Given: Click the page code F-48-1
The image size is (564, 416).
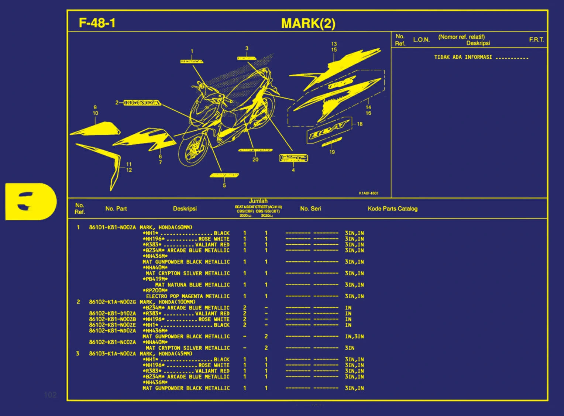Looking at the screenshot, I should [97, 23].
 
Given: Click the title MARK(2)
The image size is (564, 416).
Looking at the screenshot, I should [308, 23].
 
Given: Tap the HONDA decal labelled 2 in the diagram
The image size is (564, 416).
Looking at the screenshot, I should [142, 103].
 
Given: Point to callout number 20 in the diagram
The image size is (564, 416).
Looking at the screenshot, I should [255, 159].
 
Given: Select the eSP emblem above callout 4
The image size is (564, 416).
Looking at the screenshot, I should [293, 158].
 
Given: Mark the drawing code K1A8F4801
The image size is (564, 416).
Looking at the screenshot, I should [368, 193].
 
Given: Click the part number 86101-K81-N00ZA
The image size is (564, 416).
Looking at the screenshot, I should [112, 227].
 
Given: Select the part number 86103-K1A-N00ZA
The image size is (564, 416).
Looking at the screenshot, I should [112, 354].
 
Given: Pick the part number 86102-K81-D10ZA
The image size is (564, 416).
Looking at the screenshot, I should [112, 313].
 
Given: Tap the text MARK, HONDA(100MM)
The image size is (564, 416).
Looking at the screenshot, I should [167, 302].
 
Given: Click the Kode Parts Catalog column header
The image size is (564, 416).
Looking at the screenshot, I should [392, 209].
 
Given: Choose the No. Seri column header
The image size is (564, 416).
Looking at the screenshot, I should [310, 209].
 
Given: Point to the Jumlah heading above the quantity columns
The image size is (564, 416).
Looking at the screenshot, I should [258, 201].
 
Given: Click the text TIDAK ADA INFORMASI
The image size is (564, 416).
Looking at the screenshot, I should [463, 57].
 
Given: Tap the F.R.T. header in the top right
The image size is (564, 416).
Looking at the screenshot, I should [536, 39].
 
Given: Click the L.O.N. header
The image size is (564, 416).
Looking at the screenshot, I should [421, 39].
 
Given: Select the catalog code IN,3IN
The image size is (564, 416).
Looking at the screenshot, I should [354, 337].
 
